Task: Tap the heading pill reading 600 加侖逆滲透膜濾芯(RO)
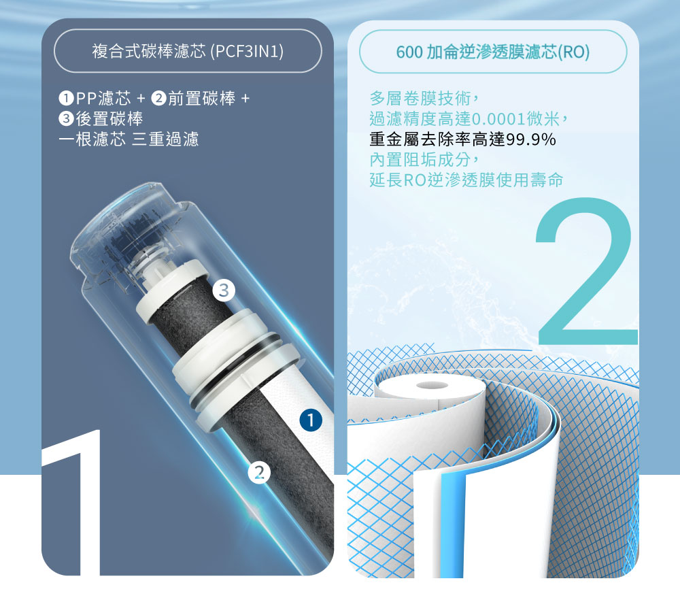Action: pyautogui.click(x=493, y=52)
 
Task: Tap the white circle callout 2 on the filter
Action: pyautogui.click(x=259, y=471)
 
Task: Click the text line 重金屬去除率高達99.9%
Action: pyautogui.click(x=462, y=141)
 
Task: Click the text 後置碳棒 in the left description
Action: pyautogui.click(x=109, y=119)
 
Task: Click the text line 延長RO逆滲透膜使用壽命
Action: pyautogui.click(x=466, y=181)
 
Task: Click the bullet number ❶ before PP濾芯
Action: pyautogui.click(x=66, y=99)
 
